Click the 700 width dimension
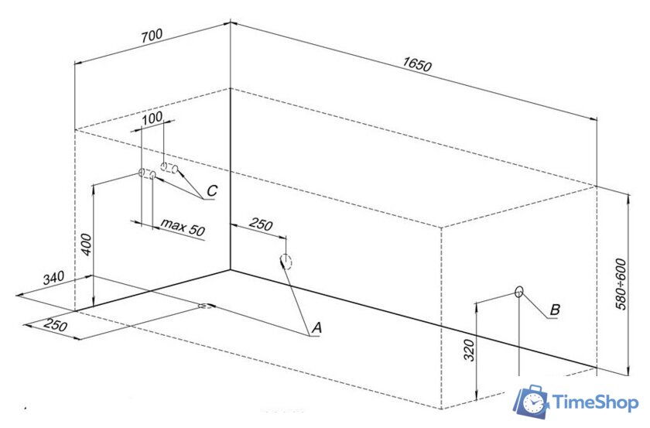(152, 36)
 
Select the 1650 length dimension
(417, 64)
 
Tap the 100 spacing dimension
(152, 118)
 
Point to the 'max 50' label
(183, 227)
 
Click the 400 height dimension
(86, 245)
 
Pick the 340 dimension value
(53, 278)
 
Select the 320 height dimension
(468, 350)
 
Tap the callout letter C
(212, 190)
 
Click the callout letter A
(316, 327)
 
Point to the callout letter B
(555, 310)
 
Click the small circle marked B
(518, 292)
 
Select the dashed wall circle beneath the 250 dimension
(286, 262)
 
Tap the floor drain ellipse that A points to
(206, 306)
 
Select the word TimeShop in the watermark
(595, 403)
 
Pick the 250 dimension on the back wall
(261, 224)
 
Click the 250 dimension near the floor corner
(55, 325)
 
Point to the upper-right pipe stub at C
(169, 167)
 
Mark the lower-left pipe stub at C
(147, 173)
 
